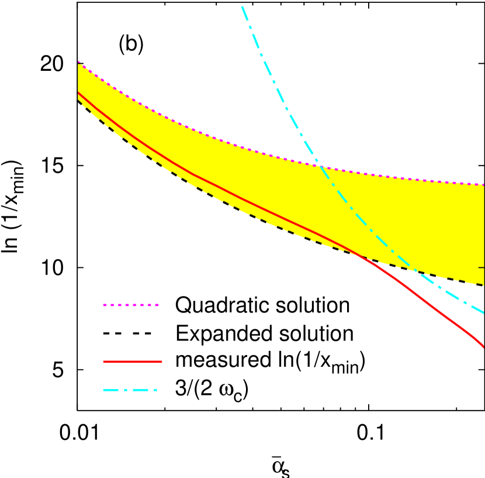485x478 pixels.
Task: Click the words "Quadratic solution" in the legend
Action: (262, 305)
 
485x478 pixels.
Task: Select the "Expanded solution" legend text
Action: (264, 333)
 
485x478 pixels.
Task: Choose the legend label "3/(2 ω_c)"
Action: (212, 391)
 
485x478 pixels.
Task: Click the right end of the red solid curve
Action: (484, 348)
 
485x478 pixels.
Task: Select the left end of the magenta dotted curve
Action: (78, 62)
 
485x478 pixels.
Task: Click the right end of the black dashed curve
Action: (484, 286)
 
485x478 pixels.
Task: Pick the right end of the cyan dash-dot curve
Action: (484, 313)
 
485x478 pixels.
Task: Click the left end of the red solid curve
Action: (78, 92)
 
